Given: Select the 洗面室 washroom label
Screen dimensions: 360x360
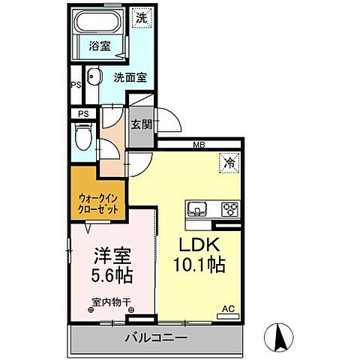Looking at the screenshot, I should click(130, 76).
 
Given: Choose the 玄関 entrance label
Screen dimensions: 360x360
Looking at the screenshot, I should click(141, 124).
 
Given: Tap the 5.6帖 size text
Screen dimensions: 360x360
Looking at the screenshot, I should click(111, 275).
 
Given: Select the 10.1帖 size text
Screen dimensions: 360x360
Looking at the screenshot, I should click(197, 265).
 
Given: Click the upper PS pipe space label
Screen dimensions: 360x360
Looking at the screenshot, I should click(75, 85).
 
